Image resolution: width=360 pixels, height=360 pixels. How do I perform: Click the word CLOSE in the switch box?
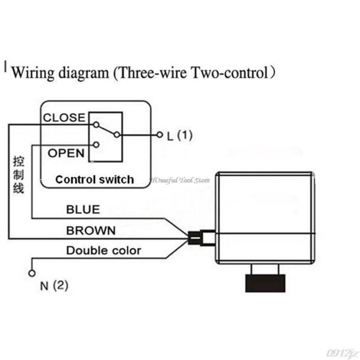coord(64,118)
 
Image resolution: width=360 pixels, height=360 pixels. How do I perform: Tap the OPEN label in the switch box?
coord(66,153)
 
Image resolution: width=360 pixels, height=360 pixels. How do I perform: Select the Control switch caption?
coord(94,180)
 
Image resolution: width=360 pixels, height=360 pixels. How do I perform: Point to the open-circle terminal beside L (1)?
coord(160,135)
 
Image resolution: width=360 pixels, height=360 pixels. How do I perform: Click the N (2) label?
coord(54,286)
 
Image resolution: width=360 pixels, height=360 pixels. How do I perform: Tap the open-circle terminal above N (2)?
coord(31,273)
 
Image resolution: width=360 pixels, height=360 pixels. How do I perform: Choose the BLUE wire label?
coord(83,210)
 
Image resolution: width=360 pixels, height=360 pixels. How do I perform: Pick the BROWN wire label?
coord(91,231)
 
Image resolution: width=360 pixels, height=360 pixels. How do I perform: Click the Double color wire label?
coord(103,250)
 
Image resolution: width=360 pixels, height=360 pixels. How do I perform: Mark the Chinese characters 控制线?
coord(18,174)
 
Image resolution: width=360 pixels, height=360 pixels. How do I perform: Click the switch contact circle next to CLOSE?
coord(95,125)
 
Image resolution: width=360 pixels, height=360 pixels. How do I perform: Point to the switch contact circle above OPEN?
coord(95,144)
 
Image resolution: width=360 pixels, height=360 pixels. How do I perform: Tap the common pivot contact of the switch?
coord(117,135)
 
